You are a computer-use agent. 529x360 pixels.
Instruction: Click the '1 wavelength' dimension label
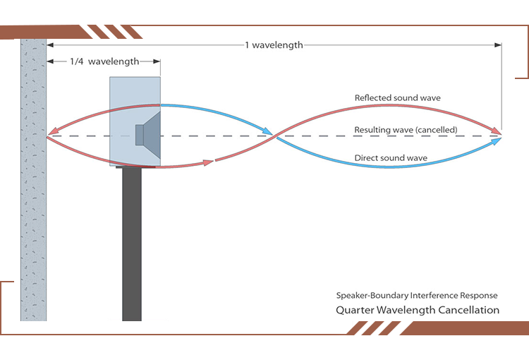pyautogui.click(x=274, y=45)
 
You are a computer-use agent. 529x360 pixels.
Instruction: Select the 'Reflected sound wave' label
pyautogui.click(x=398, y=98)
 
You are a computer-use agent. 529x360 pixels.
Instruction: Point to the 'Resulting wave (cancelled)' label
pyautogui.click(x=406, y=130)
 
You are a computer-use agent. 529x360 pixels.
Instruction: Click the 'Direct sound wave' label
pyautogui.click(x=391, y=158)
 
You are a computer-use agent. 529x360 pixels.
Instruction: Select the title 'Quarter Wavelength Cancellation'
pyautogui.click(x=418, y=310)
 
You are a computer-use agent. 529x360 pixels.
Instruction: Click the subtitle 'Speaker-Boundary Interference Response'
pyautogui.click(x=417, y=295)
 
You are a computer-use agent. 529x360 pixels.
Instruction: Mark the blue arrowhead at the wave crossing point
pyautogui.click(x=268, y=131)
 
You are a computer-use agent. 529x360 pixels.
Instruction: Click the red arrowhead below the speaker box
pyautogui.click(x=208, y=162)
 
